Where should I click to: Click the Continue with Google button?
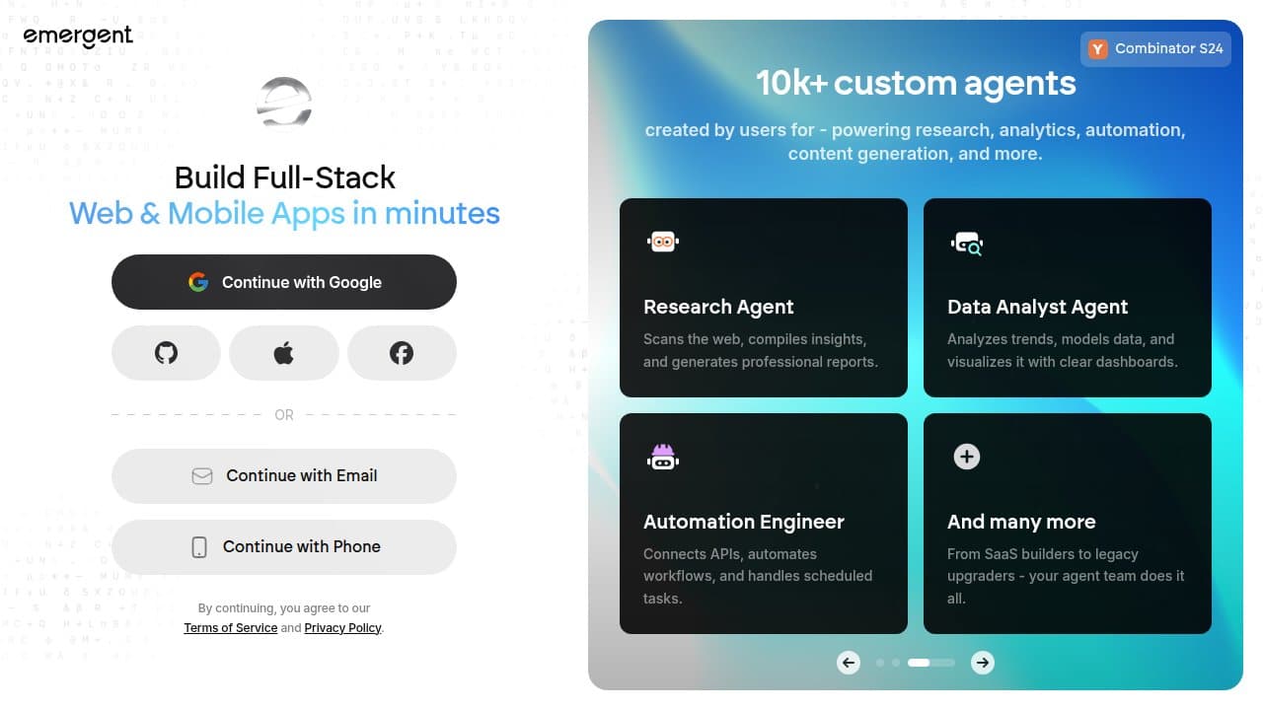(x=283, y=282)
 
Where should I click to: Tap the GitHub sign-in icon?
(x=166, y=353)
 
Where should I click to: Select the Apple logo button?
(x=283, y=353)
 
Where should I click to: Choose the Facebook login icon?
(x=402, y=353)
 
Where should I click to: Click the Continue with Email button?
(x=283, y=476)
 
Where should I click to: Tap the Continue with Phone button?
(x=283, y=547)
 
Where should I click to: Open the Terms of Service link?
(x=231, y=628)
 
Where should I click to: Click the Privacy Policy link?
(x=342, y=628)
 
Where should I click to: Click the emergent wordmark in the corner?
(x=78, y=36)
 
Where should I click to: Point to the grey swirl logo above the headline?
(x=283, y=103)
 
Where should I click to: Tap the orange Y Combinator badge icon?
(x=1098, y=49)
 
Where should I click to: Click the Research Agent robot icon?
(x=663, y=242)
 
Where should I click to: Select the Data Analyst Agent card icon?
(x=967, y=244)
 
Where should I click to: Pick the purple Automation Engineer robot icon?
(x=663, y=457)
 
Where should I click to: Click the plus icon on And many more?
(x=967, y=457)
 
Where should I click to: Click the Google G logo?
(x=198, y=282)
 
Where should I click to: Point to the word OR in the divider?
(x=284, y=415)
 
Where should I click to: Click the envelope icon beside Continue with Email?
(x=202, y=476)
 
